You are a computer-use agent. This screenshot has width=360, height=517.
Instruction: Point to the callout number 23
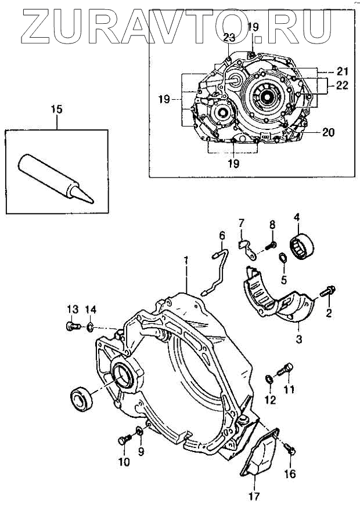[x=229, y=38]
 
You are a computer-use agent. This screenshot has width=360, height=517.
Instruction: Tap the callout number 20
[x=329, y=132]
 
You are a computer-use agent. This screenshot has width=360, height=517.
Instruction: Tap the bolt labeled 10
[x=124, y=440]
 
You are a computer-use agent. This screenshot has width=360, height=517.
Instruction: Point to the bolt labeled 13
[x=73, y=326]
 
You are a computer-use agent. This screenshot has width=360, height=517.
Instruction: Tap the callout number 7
[x=242, y=222]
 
